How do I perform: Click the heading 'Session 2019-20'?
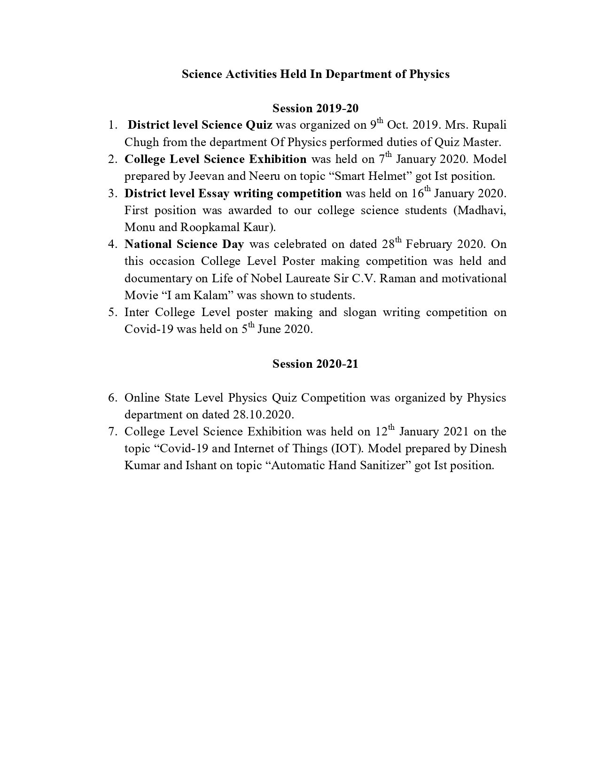pyautogui.click(x=315, y=108)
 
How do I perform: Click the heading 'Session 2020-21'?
pyautogui.click(x=315, y=364)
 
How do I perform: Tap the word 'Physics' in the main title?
pyautogui.click(x=429, y=74)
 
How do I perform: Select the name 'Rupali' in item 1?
pyautogui.click(x=490, y=125)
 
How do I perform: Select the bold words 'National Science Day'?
pyautogui.click(x=184, y=244)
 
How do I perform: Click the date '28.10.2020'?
pyautogui.click(x=263, y=415)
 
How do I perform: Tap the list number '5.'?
pyautogui.click(x=112, y=312)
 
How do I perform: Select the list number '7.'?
pyautogui.click(x=112, y=432)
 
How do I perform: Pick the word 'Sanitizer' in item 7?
pyautogui.click(x=381, y=465)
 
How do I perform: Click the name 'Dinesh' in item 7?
pyautogui.click(x=488, y=449)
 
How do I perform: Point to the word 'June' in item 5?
pyautogui.click(x=269, y=329)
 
